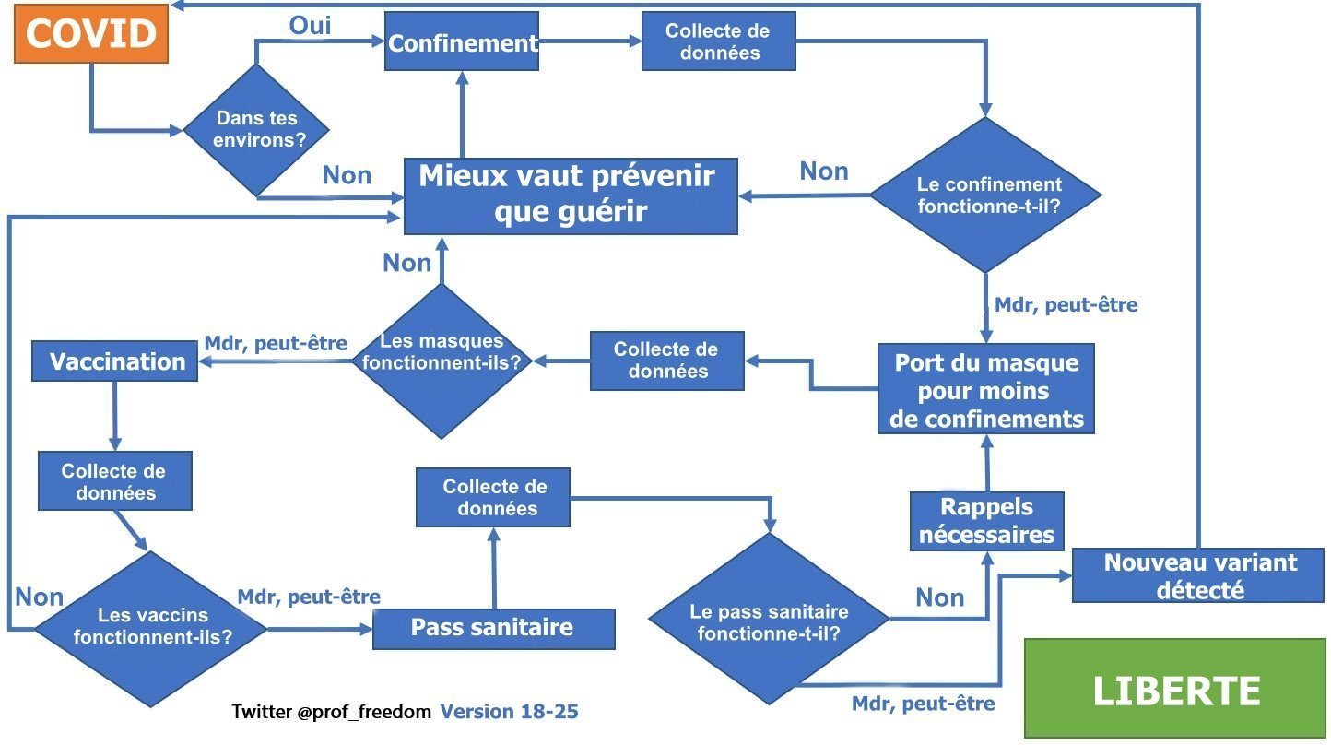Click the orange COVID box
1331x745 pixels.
pyautogui.click(x=91, y=33)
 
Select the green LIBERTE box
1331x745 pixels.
pyautogui.click(x=1175, y=689)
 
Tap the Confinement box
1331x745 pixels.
pyautogui.click(x=462, y=41)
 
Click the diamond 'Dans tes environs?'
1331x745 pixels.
pyautogui.click(x=256, y=130)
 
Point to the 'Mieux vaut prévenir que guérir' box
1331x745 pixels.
pyautogui.click(x=571, y=196)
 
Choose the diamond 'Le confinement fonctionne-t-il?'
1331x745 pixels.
pyautogui.click(x=986, y=195)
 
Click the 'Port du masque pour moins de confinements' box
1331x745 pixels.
pyautogui.click(x=986, y=389)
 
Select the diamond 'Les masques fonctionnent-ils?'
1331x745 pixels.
pyautogui.click(x=441, y=361)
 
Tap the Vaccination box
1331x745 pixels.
pyautogui.click(x=114, y=361)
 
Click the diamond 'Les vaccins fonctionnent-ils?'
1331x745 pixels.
pyautogui.click(x=151, y=629)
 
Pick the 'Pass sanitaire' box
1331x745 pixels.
pyautogui.click(x=494, y=629)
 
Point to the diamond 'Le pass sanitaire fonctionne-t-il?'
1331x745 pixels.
pyautogui.click(x=769, y=619)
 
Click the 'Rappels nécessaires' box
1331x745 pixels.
pyautogui.click(x=987, y=521)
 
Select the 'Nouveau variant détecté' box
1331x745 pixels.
pyautogui.click(x=1198, y=575)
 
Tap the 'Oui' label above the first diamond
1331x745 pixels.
pyautogui.click(x=310, y=25)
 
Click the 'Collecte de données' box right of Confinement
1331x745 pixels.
pyautogui.click(x=719, y=41)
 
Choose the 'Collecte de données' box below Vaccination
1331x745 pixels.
pyautogui.click(x=115, y=481)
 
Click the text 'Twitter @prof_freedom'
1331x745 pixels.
pyautogui.click(x=331, y=711)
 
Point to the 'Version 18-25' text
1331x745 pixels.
pyautogui.click(x=509, y=711)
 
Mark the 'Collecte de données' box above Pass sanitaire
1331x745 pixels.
pyautogui.click(x=493, y=497)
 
